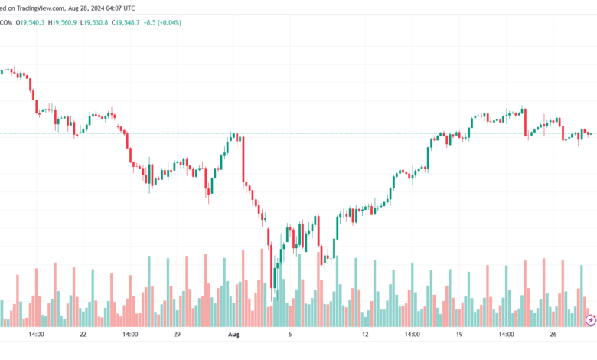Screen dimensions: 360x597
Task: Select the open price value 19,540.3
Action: click(33, 22)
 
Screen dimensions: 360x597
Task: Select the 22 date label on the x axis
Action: click(83, 335)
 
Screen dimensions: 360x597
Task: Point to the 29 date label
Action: click(177, 335)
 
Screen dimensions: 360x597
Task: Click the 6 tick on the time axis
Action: click(289, 335)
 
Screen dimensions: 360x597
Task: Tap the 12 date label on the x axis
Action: click(365, 335)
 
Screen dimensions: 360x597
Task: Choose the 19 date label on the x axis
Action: click(459, 335)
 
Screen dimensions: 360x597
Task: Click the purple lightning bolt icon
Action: click(590, 318)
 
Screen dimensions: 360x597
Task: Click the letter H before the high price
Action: click(51, 22)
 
